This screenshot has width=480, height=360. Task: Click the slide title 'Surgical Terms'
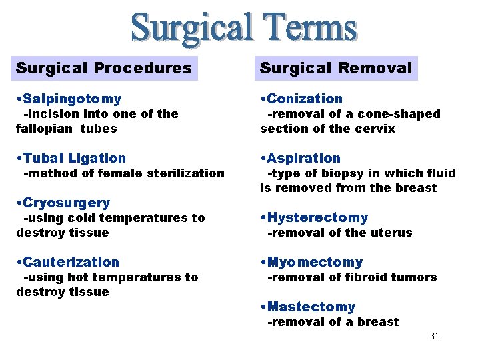point(244,28)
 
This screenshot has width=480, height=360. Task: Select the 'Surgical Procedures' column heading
point(104,68)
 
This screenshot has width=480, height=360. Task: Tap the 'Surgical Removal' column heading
point(336,68)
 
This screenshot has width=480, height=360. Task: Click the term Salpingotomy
point(71,99)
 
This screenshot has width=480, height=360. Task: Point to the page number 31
point(434,336)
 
